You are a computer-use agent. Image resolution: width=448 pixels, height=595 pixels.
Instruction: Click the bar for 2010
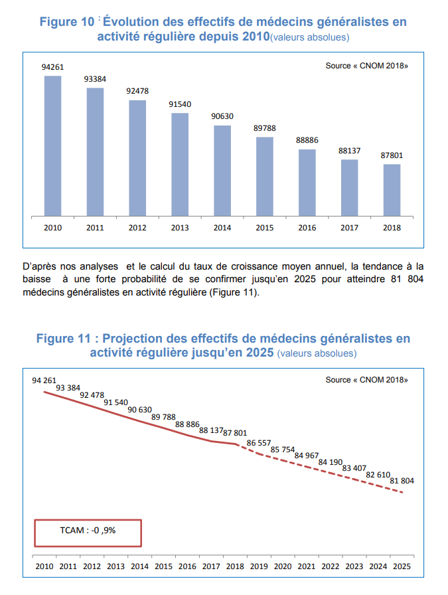(52, 146)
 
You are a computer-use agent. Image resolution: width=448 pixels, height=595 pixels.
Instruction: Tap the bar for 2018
(392, 190)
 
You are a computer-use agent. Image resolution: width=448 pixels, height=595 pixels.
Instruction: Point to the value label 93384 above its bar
(95, 79)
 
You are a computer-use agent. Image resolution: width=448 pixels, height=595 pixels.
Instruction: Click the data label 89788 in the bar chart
(265, 128)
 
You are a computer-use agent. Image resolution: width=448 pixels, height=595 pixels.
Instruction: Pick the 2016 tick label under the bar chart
(307, 228)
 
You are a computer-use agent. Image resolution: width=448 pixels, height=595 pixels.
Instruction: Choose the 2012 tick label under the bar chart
(137, 228)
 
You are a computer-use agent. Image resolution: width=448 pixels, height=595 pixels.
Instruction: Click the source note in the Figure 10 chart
(366, 66)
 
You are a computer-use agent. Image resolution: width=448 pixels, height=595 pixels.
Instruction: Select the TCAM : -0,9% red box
(88, 531)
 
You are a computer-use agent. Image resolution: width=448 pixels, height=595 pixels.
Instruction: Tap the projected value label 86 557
(260, 442)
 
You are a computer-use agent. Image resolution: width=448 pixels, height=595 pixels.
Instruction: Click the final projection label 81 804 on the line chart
(402, 480)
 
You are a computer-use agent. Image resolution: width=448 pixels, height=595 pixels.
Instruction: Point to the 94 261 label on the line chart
(44, 381)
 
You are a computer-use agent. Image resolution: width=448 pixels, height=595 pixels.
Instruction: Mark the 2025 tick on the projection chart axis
(402, 566)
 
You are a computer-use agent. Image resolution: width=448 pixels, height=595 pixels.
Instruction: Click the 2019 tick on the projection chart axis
(258, 566)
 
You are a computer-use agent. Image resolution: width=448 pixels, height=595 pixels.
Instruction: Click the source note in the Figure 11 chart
(366, 380)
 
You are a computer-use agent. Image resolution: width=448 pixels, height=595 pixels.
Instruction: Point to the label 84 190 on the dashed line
(331, 462)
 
